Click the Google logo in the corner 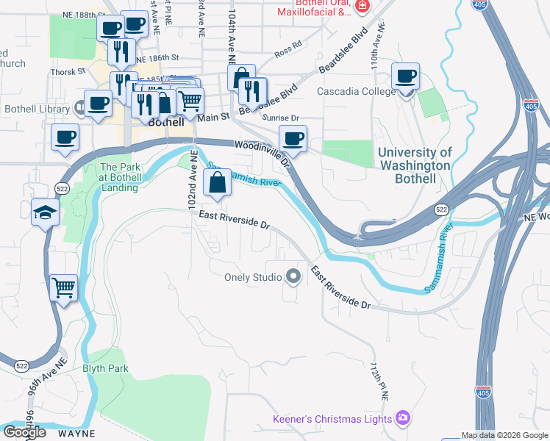[24, 432]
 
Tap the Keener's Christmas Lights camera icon [402, 419]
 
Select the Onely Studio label [253, 278]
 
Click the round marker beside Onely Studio [293, 277]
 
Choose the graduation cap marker [45, 213]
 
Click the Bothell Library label [35, 109]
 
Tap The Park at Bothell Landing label [119, 177]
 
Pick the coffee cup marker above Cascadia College [405, 76]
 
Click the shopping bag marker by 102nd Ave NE [218, 184]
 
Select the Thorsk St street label [68, 72]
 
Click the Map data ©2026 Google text [505, 435]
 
